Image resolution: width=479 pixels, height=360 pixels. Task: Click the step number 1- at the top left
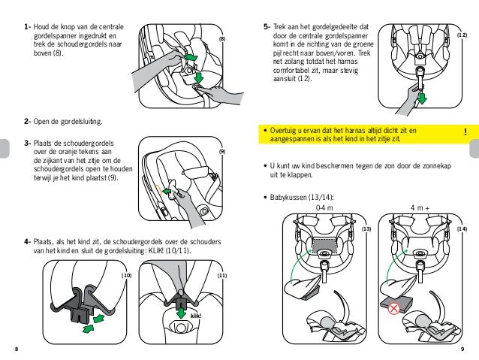pos(27,28)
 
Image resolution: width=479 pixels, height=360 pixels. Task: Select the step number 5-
pos(267,28)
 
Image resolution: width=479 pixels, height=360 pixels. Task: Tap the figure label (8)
pos(222,38)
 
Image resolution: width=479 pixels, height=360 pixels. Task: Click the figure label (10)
pos(127,277)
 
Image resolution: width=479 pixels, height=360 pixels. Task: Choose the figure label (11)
pos(222,277)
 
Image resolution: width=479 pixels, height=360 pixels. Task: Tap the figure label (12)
pos(462,35)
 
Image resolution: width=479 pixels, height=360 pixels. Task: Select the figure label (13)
pos(366,228)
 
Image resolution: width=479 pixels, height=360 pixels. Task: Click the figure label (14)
pos(462,228)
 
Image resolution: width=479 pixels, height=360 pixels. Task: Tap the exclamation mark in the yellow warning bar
pos(465,133)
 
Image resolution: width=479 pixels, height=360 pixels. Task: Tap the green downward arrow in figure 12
pos(421,98)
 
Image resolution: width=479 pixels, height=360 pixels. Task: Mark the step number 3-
pos(27,144)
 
